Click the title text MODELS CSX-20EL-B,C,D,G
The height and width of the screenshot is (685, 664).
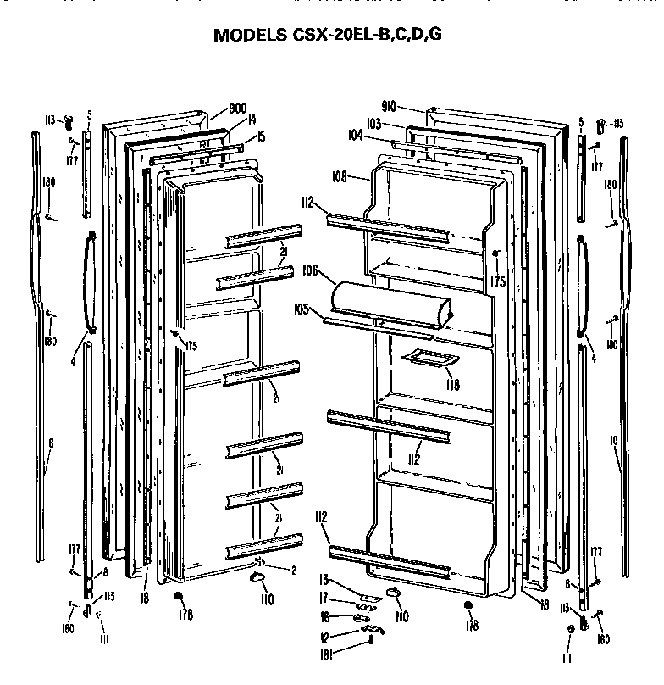click(327, 35)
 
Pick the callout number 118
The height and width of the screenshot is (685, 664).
click(453, 384)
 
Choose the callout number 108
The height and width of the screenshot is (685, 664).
click(340, 177)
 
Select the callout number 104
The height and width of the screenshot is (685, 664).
click(355, 136)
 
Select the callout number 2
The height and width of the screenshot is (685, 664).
click(292, 570)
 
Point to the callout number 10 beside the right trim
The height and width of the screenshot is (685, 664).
click(615, 440)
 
